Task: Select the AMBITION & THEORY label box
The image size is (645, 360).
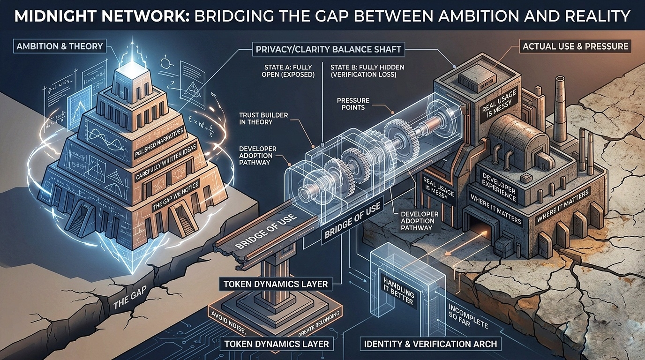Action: (59, 46)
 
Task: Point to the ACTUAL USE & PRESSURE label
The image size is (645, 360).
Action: (575, 46)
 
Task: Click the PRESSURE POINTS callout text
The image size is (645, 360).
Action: (353, 104)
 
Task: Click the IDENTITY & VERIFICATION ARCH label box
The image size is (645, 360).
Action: (430, 344)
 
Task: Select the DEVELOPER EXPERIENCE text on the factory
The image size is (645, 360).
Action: (498, 187)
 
